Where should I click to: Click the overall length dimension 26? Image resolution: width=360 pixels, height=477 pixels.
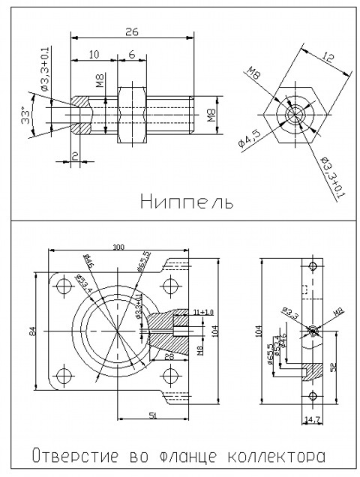pyautogui.click(x=131, y=31)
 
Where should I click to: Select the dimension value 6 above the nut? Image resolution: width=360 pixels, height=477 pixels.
pyautogui.click(x=131, y=55)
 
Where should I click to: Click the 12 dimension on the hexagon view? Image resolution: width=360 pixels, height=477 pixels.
pyautogui.click(x=326, y=58)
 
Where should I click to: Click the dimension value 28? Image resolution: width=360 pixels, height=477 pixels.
pyautogui.click(x=171, y=358)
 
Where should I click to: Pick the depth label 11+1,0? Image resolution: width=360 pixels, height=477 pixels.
pyautogui.click(x=202, y=310)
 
